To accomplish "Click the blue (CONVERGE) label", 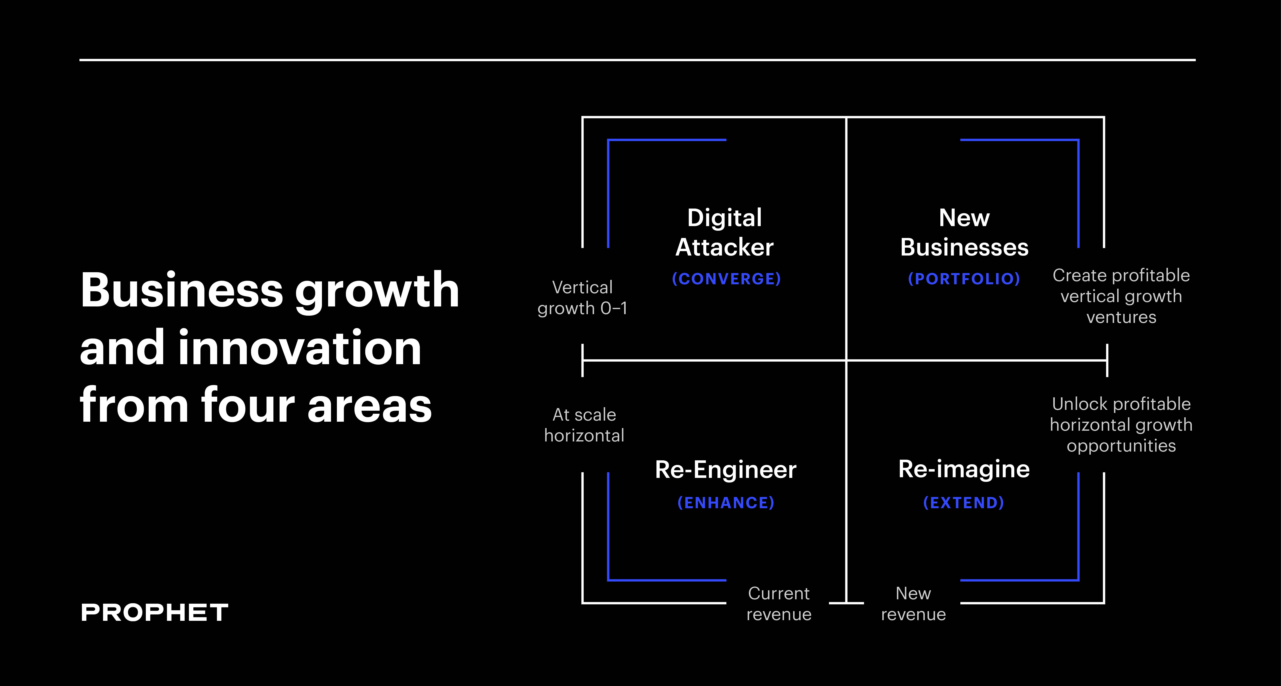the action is point(726,279).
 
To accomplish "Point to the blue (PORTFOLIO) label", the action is point(964,279).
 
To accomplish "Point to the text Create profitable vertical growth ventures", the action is point(1121,296).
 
